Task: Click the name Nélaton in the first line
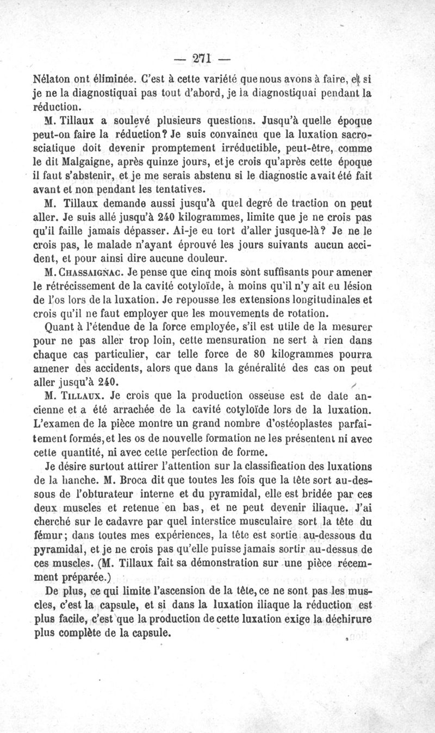click(51, 77)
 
